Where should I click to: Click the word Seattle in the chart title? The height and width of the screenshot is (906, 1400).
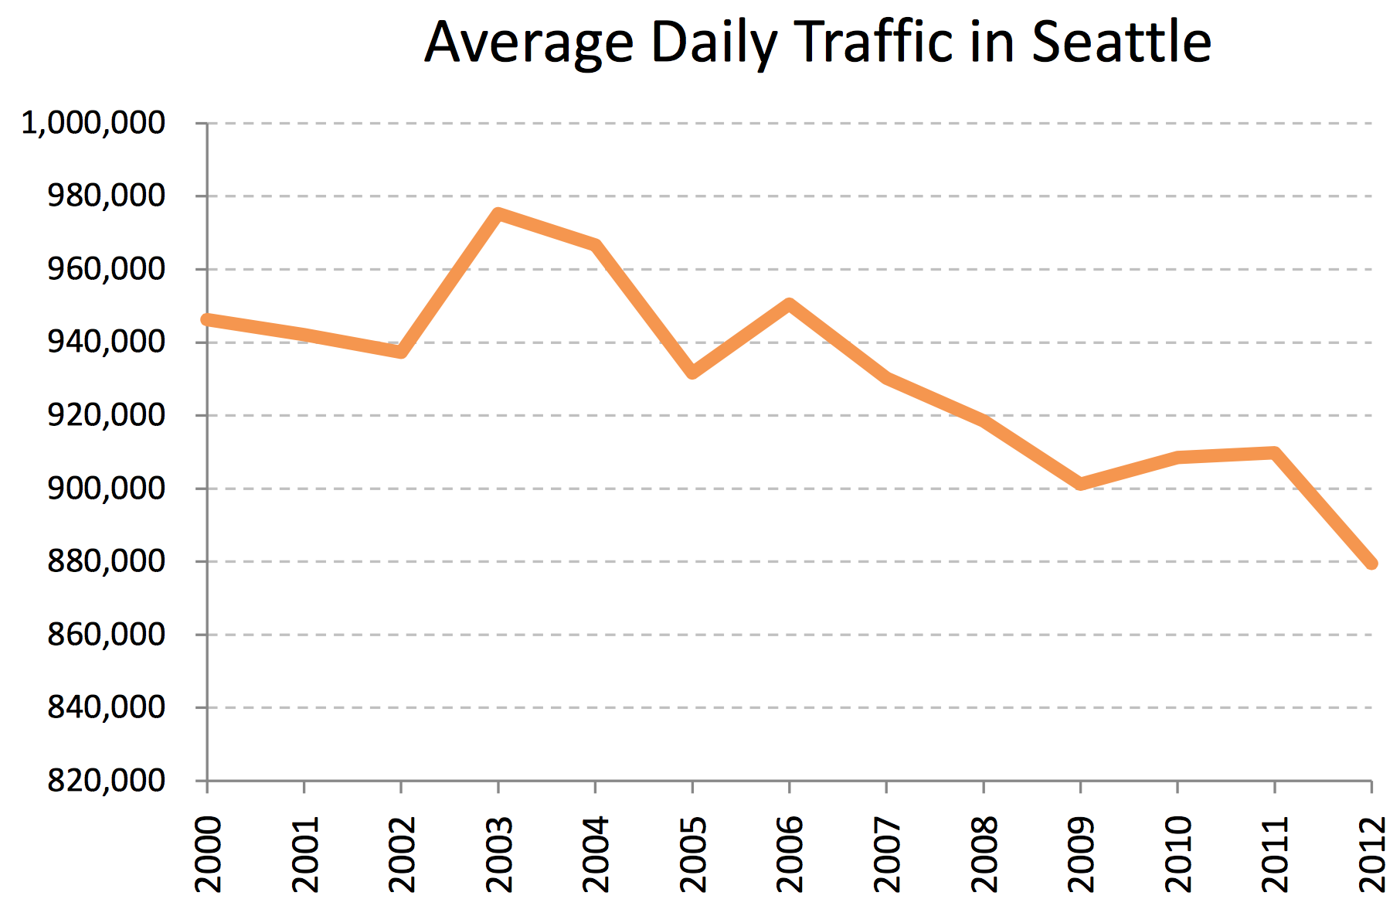(x=1121, y=42)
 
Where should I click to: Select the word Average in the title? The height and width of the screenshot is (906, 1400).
(x=529, y=43)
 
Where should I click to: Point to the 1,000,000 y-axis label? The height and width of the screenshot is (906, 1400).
(x=93, y=123)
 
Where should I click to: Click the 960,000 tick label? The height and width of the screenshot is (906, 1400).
(x=107, y=269)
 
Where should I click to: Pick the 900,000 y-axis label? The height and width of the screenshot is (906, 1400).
(x=107, y=489)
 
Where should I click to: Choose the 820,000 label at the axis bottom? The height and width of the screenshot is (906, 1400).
(x=107, y=781)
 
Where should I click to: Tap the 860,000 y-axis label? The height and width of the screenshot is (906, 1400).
(x=107, y=635)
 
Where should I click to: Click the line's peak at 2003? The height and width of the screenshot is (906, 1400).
(x=498, y=214)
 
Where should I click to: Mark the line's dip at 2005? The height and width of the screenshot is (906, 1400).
(x=692, y=373)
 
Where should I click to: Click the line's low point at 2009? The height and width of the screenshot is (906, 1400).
(x=1080, y=484)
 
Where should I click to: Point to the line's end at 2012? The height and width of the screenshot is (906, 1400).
(x=1371, y=563)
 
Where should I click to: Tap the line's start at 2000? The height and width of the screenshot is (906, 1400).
(x=207, y=319)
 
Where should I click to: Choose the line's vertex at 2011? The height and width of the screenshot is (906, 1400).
(x=1274, y=454)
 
